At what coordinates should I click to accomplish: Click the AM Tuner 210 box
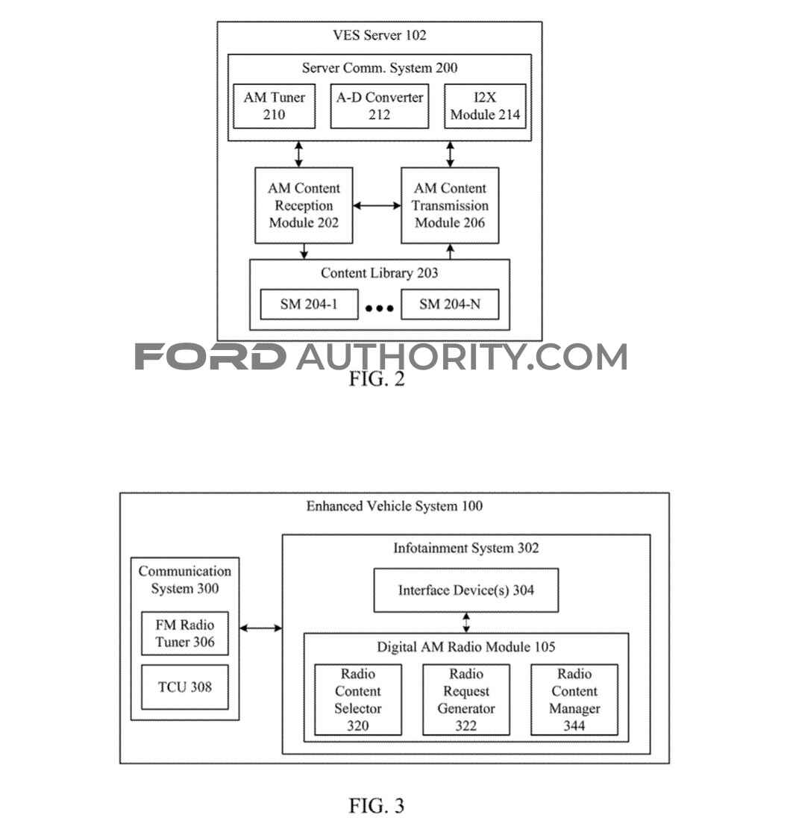pos(275,106)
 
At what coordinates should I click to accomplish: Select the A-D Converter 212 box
pos(380,106)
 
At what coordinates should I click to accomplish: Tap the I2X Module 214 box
pos(485,106)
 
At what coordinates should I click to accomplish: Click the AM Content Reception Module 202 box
pos(304,205)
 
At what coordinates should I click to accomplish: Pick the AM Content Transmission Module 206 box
pos(450,205)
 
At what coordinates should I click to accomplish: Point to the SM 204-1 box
pos(310,305)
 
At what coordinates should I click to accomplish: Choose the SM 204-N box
pos(450,305)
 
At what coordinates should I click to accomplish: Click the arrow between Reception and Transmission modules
pos(377,206)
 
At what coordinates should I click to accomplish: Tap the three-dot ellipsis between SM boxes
pos(380,308)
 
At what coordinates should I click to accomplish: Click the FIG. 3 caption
pos(377,805)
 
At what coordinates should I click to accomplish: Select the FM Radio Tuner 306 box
pos(185,633)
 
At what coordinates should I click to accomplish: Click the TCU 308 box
pos(185,687)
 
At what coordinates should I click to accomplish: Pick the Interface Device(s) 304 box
pos(466,590)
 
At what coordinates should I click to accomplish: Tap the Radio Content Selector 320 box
pos(358,699)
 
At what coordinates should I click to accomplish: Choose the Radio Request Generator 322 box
pos(466,699)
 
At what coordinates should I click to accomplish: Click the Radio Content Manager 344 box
pos(574,699)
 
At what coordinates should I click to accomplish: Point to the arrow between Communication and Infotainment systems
pos(260,628)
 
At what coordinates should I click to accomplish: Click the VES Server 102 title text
pos(380,35)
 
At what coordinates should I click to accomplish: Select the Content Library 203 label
pos(380,272)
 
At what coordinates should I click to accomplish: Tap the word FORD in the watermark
pos(210,357)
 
